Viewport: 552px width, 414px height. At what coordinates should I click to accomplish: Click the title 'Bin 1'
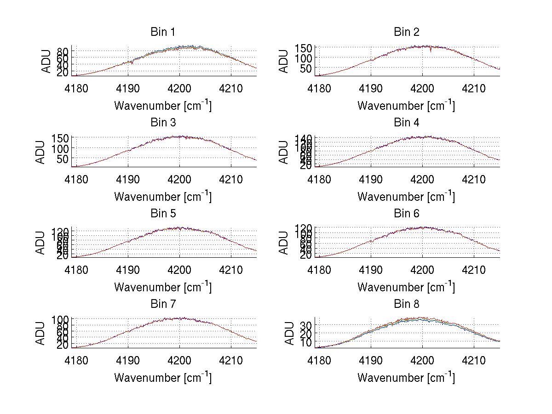pos(163,32)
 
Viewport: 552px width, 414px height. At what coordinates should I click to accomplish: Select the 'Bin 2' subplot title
pos(406,32)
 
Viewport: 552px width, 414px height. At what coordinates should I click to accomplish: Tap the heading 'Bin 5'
pos(163,214)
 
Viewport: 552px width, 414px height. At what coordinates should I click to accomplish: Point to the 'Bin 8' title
pos(406,304)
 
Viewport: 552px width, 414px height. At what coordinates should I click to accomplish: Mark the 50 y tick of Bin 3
pos(63,159)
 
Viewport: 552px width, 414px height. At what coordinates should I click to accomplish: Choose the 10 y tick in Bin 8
pos(307,342)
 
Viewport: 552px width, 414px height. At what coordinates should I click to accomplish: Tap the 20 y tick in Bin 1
pos(63,72)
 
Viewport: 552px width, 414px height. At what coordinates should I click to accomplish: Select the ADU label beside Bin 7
pos(40,333)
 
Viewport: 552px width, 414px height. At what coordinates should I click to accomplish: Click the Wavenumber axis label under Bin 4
pos(406,196)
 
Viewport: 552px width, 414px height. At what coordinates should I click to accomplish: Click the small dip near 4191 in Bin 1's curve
pos(132,63)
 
